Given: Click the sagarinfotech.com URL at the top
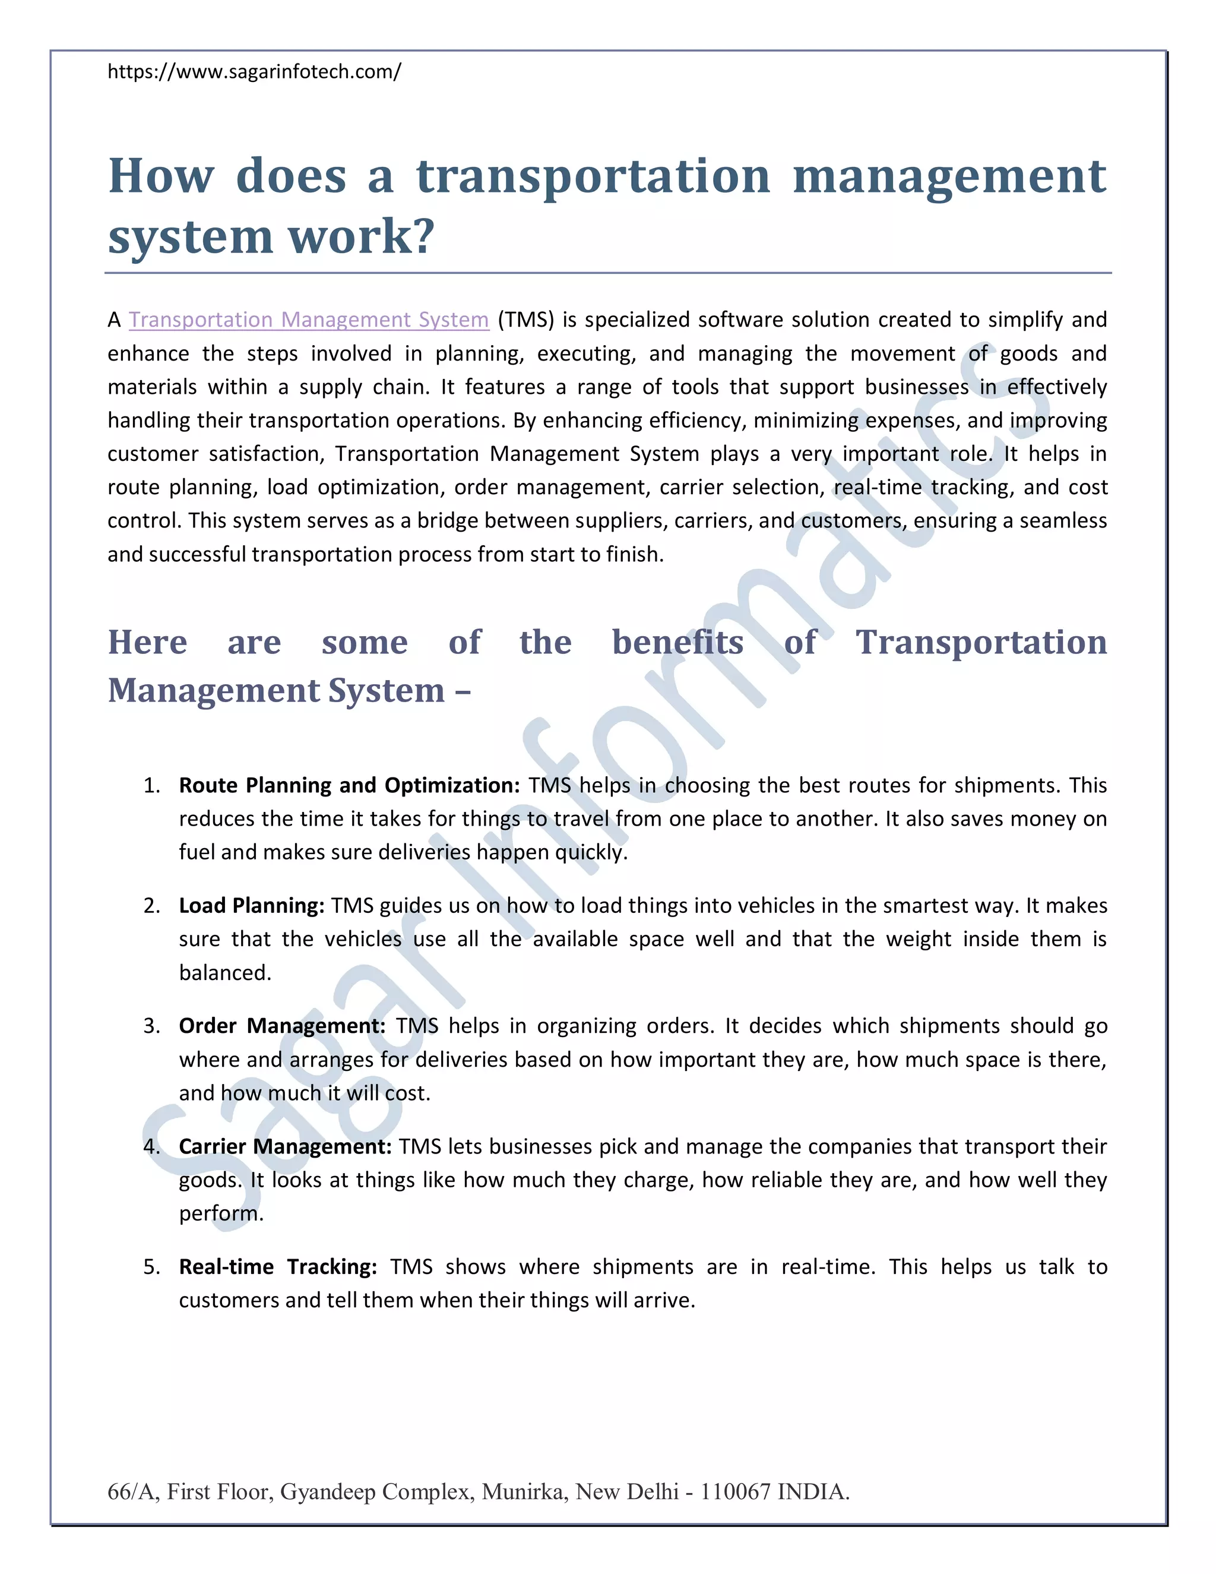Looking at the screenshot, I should pyautogui.click(x=254, y=72).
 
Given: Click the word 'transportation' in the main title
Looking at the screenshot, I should pyautogui.click(x=593, y=176).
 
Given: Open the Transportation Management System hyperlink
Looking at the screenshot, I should pyautogui.click(x=308, y=320).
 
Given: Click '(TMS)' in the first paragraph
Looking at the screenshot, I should pyautogui.click(x=525, y=320).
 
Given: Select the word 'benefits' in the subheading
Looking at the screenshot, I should pyautogui.click(x=677, y=641).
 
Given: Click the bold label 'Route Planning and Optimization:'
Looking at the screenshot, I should pyautogui.click(x=349, y=785).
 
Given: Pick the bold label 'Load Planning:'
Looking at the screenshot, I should pyautogui.click(x=251, y=905).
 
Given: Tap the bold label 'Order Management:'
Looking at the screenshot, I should pyautogui.click(x=281, y=1026).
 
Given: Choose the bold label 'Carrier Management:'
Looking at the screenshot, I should pyautogui.click(x=284, y=1146).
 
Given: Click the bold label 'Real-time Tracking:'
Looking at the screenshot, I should pyautogui.click(x=277, y=1266).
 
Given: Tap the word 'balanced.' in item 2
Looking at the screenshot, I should pyautogui.click(x=225, y=973).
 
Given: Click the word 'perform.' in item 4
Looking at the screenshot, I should pyautogui.click(x=221, y=1213).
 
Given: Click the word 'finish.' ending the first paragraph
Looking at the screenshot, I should pyautogui.click(x=635, y=554).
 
